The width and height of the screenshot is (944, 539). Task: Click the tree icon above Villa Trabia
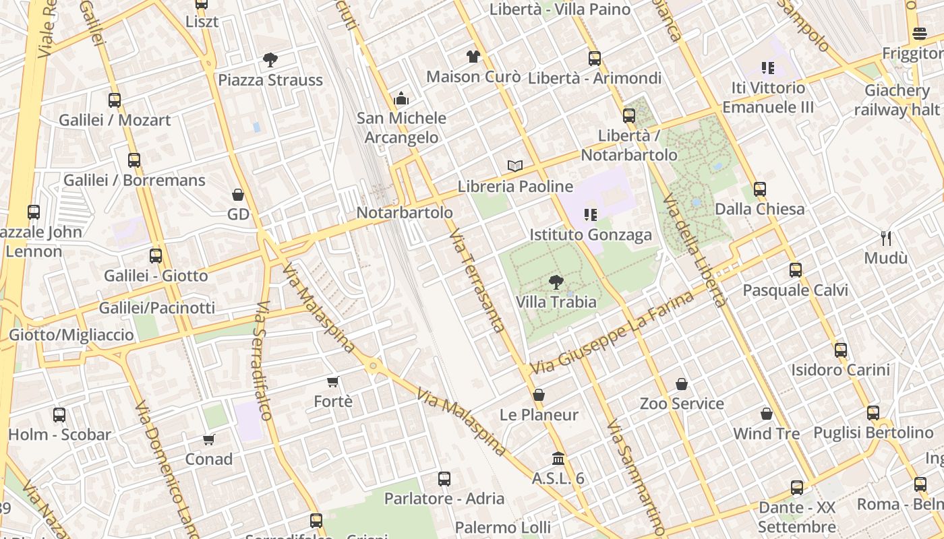556,282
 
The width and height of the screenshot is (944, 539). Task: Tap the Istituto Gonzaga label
591,234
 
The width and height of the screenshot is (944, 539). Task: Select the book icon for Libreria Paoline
515,166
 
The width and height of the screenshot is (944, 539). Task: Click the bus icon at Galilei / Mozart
115,100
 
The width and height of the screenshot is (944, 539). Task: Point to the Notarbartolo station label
405,212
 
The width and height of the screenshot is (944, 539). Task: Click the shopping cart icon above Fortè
332,382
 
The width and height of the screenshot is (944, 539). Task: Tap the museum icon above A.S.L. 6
558,459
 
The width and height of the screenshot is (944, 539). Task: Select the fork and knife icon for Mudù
887,238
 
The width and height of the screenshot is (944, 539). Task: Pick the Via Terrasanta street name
477,280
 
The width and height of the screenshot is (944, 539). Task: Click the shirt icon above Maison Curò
473,57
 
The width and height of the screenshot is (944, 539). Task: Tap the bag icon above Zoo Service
682,384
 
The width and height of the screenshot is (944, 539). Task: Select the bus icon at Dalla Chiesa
760,189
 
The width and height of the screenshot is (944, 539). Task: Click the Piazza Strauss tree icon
270,60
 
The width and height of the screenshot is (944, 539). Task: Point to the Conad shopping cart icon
209,439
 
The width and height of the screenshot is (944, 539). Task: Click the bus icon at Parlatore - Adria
444,479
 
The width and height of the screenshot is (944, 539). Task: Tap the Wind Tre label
766,433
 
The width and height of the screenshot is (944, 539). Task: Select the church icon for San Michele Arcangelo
402,99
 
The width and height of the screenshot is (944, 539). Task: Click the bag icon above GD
238,195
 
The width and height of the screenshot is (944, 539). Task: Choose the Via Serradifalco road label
263,360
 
